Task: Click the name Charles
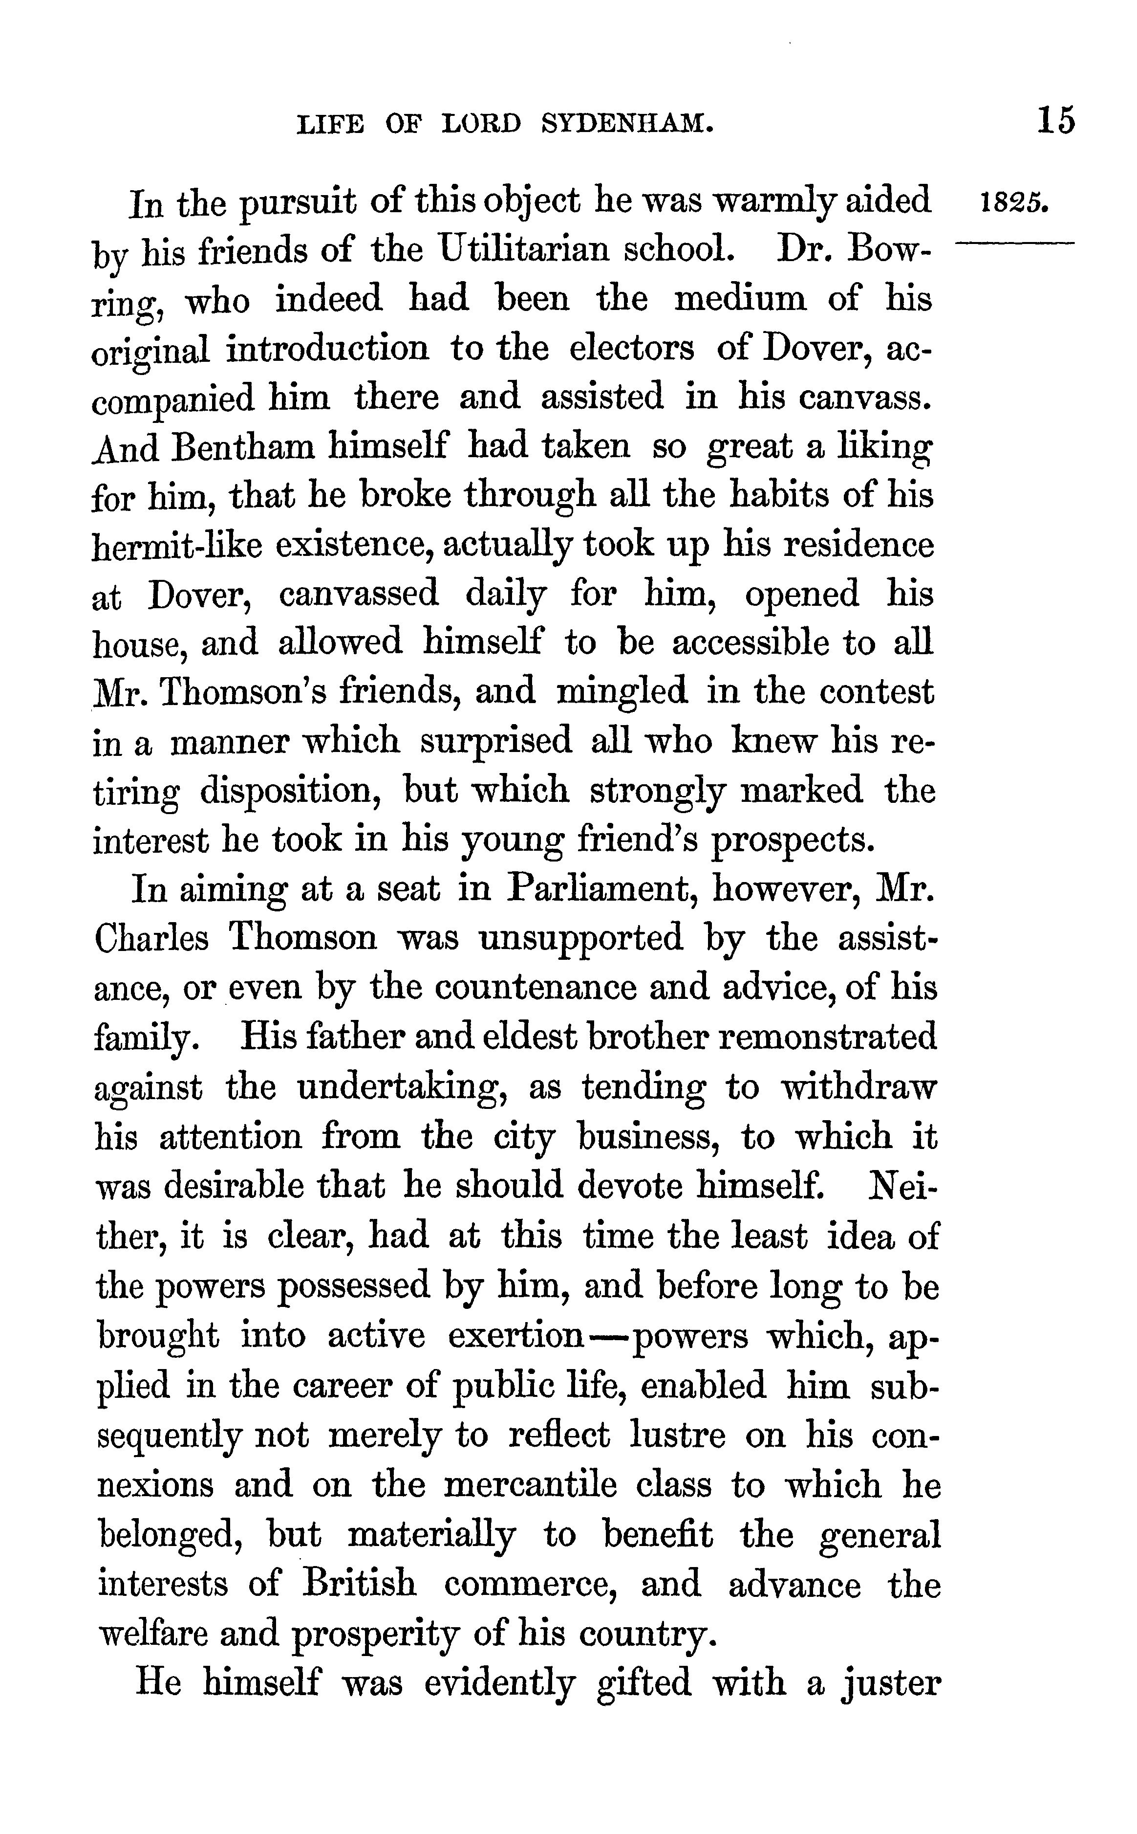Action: (x=152, y=938)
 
